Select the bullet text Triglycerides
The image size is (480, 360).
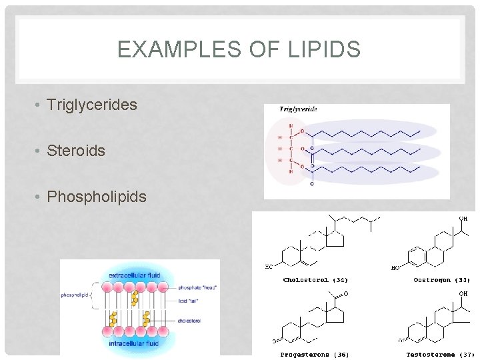pos(92,105)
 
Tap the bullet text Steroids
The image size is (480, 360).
pos(76,151)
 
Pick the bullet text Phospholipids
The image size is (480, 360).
pos(97,197)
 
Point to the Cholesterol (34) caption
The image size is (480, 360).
pos(315,280)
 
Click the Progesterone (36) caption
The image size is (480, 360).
pos(314,354)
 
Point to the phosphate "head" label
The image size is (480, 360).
pos(198,287)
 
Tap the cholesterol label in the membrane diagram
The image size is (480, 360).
pos(189,321)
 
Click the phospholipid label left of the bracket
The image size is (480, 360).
pos(75,294)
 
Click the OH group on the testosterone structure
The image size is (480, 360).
pos(463,293)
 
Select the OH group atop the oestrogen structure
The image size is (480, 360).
pos(463,219)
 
